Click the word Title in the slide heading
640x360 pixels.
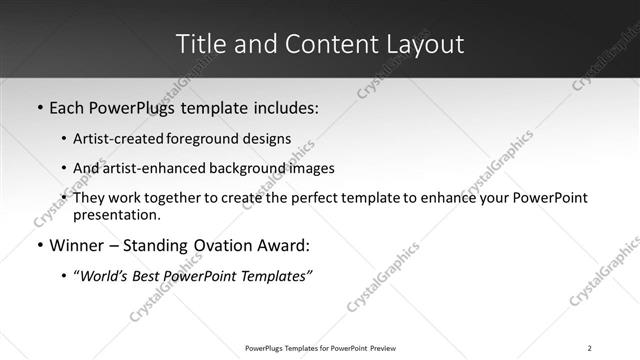(199, 44)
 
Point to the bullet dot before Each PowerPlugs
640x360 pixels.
(39, 107)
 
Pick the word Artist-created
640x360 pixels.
(112, 139)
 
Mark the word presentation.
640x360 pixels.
(116, 215)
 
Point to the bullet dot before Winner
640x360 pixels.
(39, 246)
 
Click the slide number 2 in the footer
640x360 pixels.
(590, 348)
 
